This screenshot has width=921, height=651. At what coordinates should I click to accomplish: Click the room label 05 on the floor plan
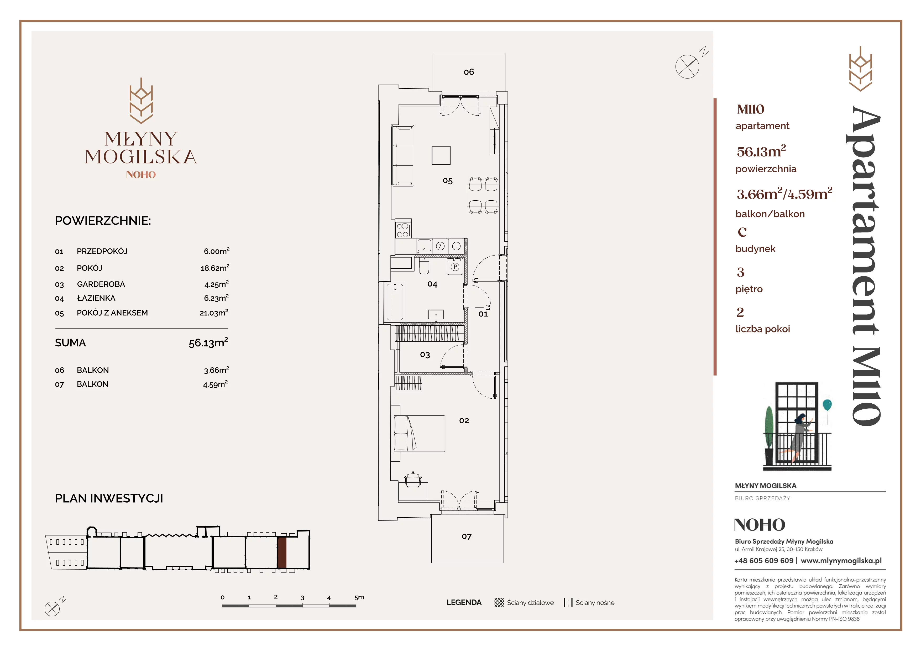coord(448,181)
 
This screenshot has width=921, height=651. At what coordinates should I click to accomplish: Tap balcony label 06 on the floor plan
coord(469,72)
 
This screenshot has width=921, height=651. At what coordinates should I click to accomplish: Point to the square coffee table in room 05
coord(441,156)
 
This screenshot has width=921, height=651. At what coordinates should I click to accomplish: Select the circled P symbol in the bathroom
coord(455,267)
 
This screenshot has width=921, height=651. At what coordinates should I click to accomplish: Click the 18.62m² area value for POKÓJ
coord(215,268)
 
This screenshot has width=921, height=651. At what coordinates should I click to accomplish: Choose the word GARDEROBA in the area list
coord(101,284)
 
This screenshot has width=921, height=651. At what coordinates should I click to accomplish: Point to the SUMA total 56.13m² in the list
coord(208,342)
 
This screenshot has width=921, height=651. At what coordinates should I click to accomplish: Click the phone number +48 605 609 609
coord(764,561)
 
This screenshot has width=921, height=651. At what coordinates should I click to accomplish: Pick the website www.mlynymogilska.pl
coord(841,561)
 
